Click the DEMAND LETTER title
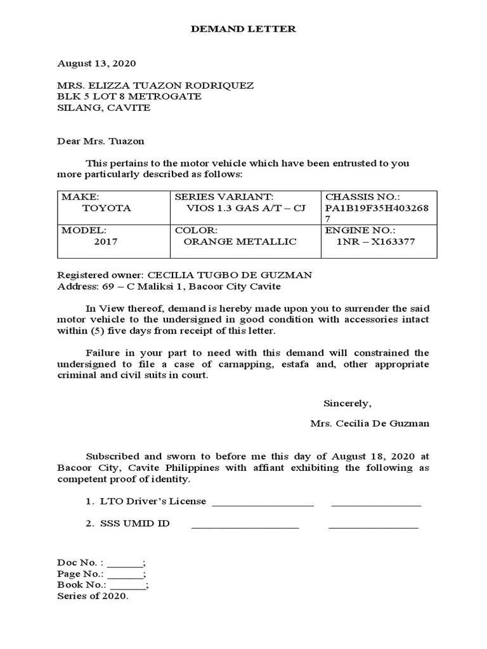point(243,29)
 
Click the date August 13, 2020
point(96,64)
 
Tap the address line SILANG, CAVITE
point(104,108)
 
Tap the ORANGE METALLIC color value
point(240,241)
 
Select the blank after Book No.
point(127,585)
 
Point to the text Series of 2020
point(93,596)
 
